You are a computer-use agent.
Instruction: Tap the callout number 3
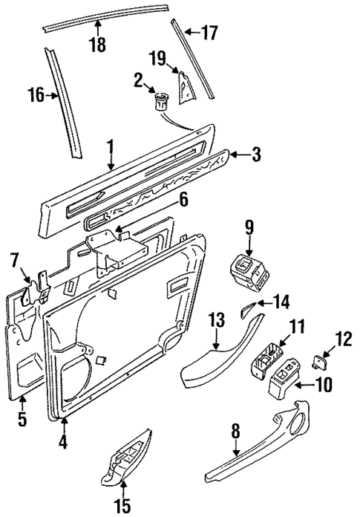coord(256,155)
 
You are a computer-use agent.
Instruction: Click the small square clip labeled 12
coord(319,363)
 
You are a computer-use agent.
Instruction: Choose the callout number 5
coord(23,421)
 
